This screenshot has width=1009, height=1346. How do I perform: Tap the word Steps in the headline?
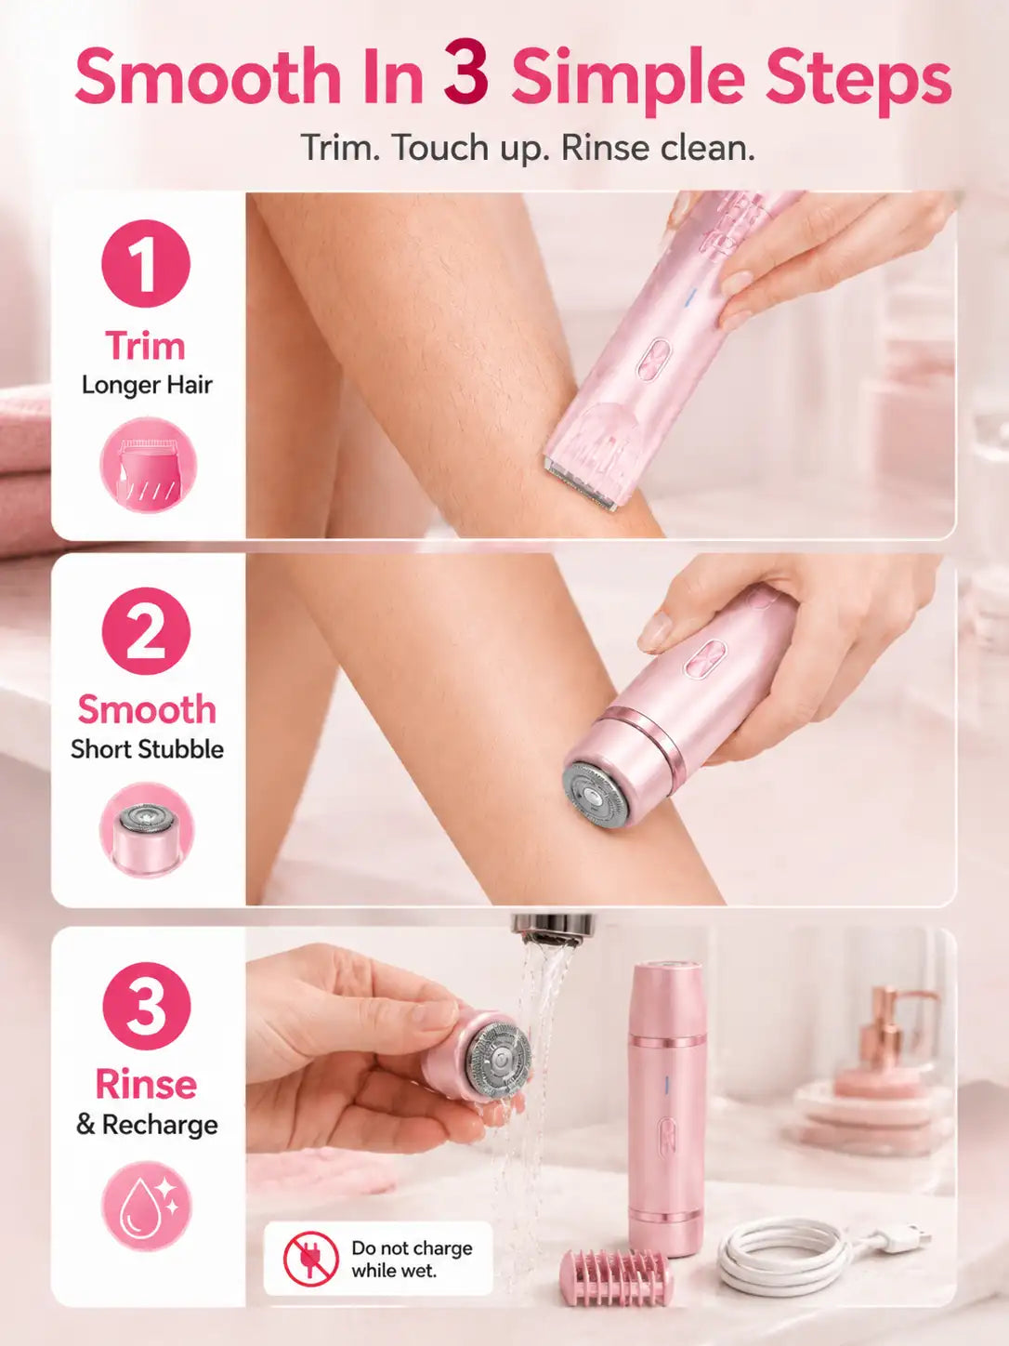click(x=858, y=80)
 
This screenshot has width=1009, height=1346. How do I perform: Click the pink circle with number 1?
click(x=146, y=264)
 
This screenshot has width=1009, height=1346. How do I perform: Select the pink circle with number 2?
click(x=146, y=631)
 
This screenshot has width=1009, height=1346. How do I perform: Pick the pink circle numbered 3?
click(x=147, y=1007)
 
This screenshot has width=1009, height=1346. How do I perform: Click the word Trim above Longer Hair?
click(x=145, y=347)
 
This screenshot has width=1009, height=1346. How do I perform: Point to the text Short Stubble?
click(x=147, y=749)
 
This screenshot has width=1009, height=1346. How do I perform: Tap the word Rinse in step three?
click(x=147, y=1085)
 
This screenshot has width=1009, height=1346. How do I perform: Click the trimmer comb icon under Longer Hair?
click(x=149, y=466)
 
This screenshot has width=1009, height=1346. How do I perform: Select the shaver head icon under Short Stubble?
click(x=147, y=830)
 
